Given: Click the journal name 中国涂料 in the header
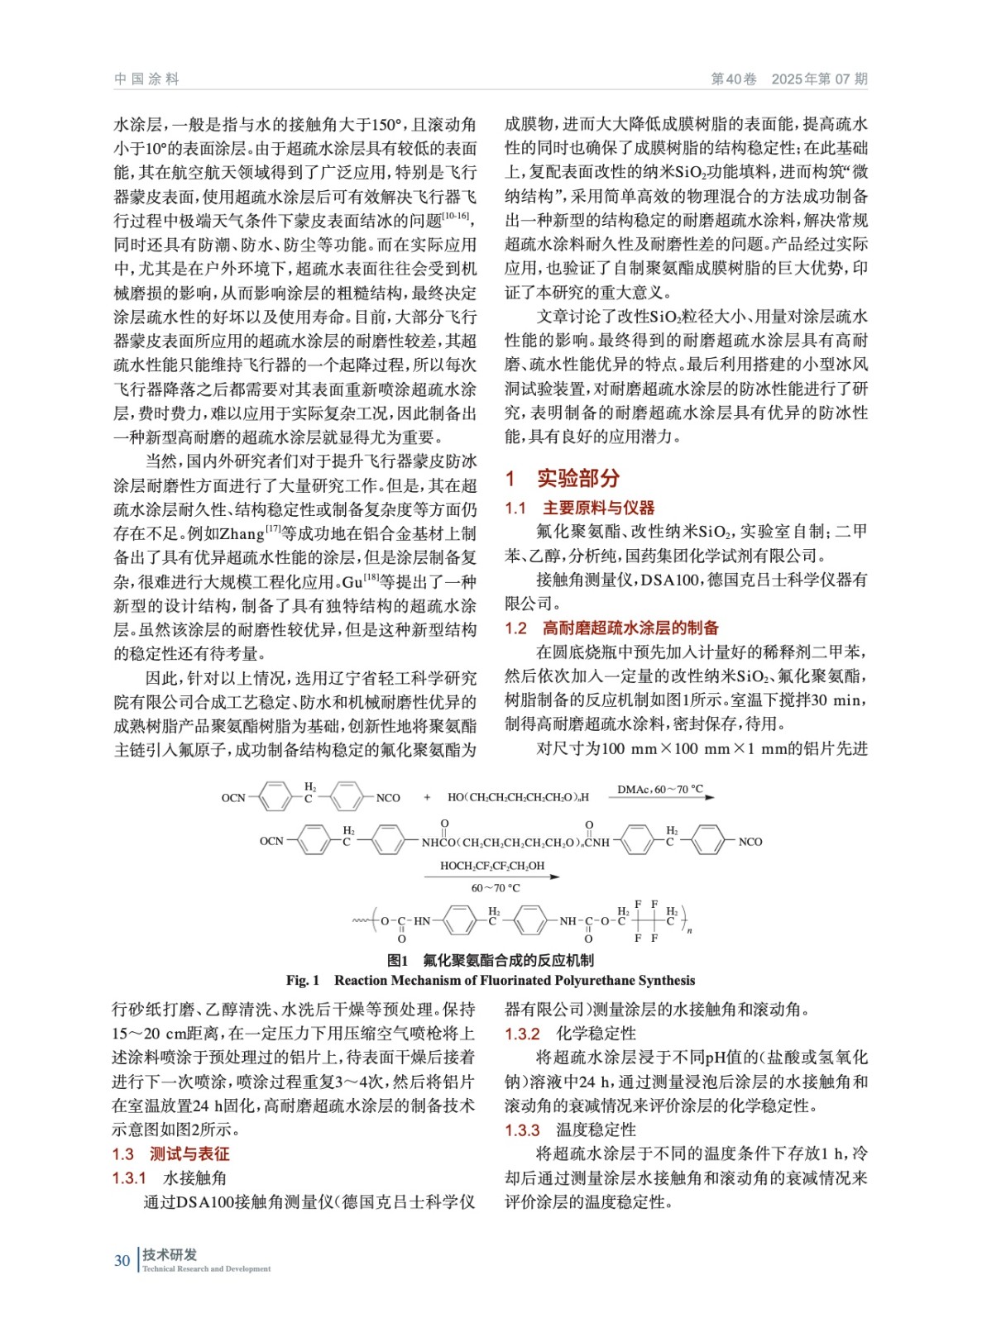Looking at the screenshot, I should tap(146, 79).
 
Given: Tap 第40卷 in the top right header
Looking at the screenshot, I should tap(733, 79).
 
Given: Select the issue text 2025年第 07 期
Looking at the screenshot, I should tap(819, 79).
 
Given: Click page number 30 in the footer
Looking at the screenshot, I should tap(122, 1260).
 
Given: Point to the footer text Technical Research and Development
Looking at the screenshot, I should tap(206, 1268).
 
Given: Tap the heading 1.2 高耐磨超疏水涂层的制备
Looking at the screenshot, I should tap(611, 628).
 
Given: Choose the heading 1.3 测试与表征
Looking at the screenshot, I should tap(171, 1153).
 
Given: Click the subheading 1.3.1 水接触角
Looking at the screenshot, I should tap(170, 1177).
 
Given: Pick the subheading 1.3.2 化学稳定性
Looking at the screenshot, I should tap(570, 1034).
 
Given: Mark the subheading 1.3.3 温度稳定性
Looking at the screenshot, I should tap(570, 1130).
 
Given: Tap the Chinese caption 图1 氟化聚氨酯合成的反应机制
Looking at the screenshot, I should tap(491, 960).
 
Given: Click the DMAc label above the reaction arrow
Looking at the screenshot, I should tap(659, 789).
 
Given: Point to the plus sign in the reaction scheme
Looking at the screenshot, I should tap(427, 798).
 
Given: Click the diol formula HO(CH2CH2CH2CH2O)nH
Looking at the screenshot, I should tap(518, 798).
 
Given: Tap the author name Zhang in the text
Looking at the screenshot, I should tap(242, 534).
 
